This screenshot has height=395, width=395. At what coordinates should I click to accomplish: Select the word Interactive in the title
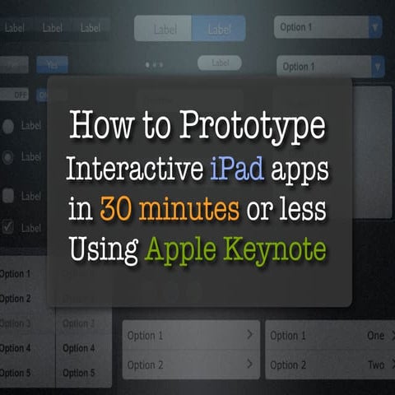[x=131, y=170]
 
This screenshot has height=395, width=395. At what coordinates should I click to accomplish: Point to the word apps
[x=299, y=172]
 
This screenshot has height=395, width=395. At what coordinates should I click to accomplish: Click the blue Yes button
[x=52, y=63]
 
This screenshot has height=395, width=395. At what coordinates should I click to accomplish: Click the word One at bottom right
[x=375, y=336]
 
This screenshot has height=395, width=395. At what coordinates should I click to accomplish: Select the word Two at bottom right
[x=375, y=365]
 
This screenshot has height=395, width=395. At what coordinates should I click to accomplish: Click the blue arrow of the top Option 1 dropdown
[x=375, y=27]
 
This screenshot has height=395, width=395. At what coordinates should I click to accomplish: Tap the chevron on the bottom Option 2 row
[x=249, y=365]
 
